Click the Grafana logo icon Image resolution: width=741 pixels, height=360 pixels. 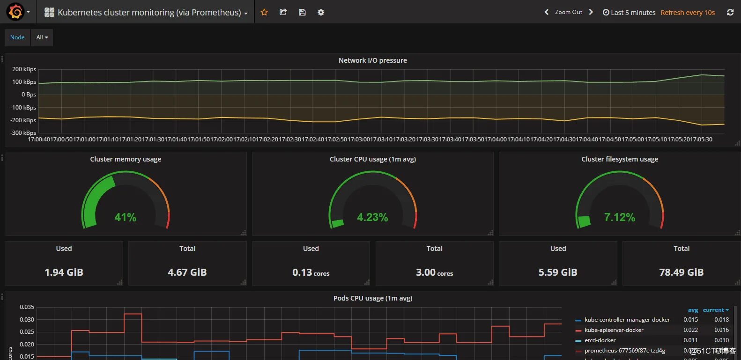tap(15, 12)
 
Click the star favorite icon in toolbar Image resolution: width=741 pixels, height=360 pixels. tap(264, 12)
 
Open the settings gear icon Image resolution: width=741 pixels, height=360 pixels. tap(321, 12)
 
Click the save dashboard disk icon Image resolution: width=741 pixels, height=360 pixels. tap(302, 12)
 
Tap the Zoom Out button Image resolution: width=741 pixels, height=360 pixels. tap(568, 12)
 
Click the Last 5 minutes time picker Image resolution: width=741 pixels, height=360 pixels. tap(629, 13)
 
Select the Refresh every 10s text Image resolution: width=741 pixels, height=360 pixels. tap(688, 13)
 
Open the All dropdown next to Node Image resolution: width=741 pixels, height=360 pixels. tap(42, 37)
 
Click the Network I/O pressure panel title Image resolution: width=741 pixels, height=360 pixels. tap(372, 60)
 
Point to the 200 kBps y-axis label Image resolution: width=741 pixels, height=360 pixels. tap(24, 69)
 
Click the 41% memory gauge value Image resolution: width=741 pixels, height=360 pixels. tap(126, 217)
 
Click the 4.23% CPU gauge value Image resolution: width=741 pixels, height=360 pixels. tap(372, 217)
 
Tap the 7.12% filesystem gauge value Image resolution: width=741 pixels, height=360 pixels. tap(620, 217)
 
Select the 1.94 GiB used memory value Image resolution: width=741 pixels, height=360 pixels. tap(64, 272)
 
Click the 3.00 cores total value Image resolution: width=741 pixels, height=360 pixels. tap(434, 272)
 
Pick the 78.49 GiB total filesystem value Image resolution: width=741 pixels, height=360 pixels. tap(681, 272)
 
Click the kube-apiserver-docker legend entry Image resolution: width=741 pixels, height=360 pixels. tap(614, 330)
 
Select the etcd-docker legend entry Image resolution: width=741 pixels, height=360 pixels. tap(600, 340)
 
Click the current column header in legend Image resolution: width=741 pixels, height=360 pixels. tap(715, 310)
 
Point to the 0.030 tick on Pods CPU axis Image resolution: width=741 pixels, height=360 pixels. tap(27, 320)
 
